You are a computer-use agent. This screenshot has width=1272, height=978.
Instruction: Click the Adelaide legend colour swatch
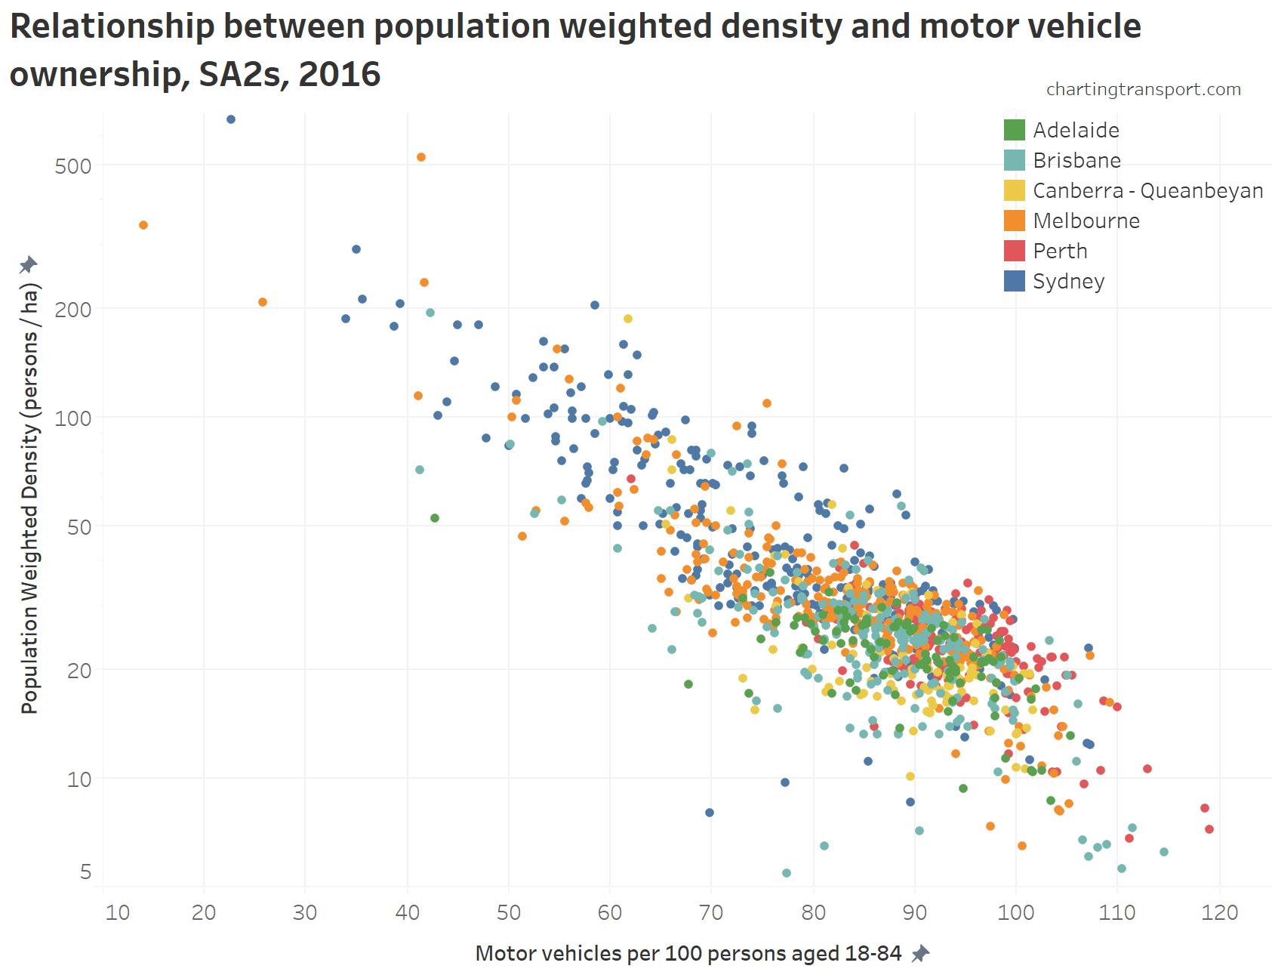1014,130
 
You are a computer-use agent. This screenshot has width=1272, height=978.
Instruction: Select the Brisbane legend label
1076,160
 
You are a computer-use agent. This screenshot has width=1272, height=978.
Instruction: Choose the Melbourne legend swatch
1014,221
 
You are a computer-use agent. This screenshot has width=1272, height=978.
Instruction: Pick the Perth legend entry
1060,251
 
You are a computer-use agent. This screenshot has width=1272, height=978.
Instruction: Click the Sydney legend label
1068,281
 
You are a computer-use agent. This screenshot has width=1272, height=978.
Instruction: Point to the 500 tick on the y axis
73,166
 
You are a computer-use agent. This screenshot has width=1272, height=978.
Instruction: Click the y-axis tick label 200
73,309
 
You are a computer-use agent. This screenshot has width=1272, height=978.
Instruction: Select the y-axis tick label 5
85,872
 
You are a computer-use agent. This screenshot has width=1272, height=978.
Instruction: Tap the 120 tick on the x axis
1220,912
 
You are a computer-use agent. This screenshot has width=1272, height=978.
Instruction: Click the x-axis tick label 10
118,912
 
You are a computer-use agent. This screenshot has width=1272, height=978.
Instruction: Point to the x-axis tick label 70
711,912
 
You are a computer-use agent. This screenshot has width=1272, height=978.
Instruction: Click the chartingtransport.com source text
1143,89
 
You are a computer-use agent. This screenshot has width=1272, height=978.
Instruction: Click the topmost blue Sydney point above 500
231,119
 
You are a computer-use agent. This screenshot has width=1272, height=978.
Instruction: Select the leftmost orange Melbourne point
143,225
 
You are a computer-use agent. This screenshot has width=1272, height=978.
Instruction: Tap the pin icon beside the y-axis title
28,264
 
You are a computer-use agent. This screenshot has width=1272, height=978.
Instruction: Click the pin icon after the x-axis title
919,954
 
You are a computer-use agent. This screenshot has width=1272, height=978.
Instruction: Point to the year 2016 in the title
339,74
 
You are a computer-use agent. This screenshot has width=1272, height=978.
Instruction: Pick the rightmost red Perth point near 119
1209,829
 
